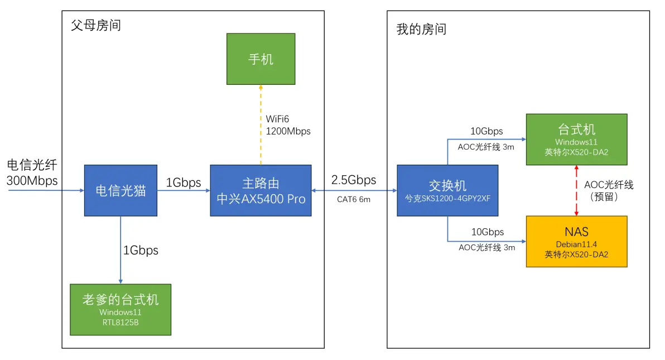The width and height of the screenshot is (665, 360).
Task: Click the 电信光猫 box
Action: [x=121, y=190]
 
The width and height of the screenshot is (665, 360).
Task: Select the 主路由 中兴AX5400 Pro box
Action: [x=261, y=190]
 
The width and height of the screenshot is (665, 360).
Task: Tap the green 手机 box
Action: [x=261, y=59]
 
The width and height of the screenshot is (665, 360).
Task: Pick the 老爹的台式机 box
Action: [x=121, y=309]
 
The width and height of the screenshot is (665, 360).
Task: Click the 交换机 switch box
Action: [x=447, y=190]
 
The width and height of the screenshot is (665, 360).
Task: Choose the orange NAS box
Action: [x=576, y=241]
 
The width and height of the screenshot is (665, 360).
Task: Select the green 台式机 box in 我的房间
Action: [x=576, y=140]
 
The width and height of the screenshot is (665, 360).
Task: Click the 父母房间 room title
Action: [x=96, y=25]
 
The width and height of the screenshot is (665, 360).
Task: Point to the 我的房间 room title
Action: [x=421, y=29]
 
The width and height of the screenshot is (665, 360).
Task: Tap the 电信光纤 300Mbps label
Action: [x=32, y=172]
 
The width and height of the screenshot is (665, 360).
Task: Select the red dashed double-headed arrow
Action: [x=576, y=190]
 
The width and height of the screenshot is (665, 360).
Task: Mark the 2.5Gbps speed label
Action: [x=354, y=180]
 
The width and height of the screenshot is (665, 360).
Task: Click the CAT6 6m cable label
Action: [x=354, y=199]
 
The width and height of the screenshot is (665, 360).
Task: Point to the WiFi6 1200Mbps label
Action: [x=288, y=125]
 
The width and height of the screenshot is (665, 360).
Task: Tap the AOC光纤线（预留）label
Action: [x=609, y=190]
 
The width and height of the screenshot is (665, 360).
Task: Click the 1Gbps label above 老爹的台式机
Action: [x=141, y=251]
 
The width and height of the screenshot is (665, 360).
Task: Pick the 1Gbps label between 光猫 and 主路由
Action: [x=184, y=183]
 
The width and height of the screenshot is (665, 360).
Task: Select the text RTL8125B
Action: [x=121, y=322]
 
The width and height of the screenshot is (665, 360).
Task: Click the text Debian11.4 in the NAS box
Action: [x=576, y=244]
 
